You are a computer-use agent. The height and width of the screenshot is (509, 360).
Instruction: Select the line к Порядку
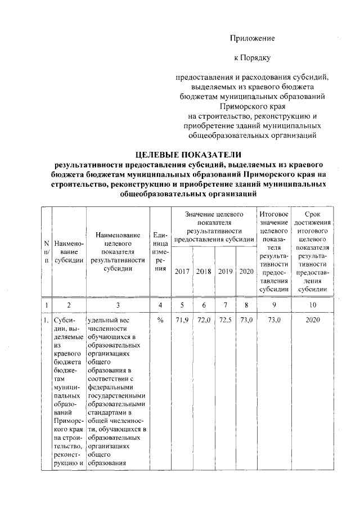(252, 57)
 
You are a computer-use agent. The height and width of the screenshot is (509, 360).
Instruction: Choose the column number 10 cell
(313, 305)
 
